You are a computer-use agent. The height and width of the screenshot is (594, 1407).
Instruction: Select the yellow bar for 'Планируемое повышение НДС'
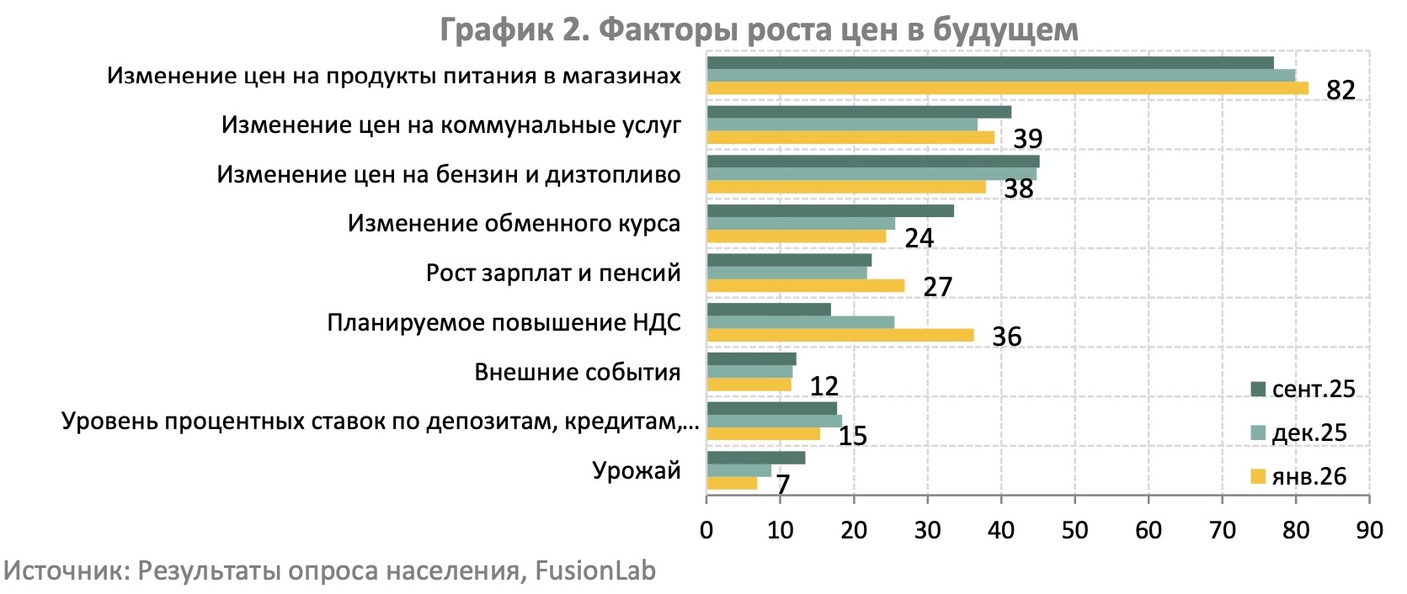[x=839, y=336]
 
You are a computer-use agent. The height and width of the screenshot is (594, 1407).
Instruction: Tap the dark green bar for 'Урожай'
[x=755, y=458]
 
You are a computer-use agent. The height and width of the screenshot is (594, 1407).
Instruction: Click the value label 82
[x=1340, y=90]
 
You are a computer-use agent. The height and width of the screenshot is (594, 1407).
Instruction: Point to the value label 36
[x=1006, y=337]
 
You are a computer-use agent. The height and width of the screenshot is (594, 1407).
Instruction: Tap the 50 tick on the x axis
[x=1074, y=530]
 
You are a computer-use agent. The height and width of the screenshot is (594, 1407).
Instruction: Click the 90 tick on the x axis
[x=1369, y=530]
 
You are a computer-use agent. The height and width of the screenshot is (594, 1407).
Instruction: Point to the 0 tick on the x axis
[x=706, y=530]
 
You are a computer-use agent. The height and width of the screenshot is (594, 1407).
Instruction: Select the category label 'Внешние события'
[x=577, y=372]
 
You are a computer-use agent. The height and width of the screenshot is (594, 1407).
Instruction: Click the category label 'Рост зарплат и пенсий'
[x=553, y=273]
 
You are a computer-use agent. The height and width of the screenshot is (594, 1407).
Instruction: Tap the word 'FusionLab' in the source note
[x=595, y=570]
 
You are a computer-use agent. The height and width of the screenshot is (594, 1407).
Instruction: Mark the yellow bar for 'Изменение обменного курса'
[x=796, y=236]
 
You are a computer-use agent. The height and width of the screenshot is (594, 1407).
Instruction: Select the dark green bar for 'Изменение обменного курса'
[x=829, y=210]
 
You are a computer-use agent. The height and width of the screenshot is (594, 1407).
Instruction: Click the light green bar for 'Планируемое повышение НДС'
[x=800, y=322]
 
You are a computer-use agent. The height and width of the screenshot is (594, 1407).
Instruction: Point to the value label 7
[x=782, y=485]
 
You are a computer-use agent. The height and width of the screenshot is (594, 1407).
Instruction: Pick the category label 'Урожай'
[x=636, y=470]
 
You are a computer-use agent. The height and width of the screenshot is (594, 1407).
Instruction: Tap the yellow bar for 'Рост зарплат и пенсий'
[x=805, y=286]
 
